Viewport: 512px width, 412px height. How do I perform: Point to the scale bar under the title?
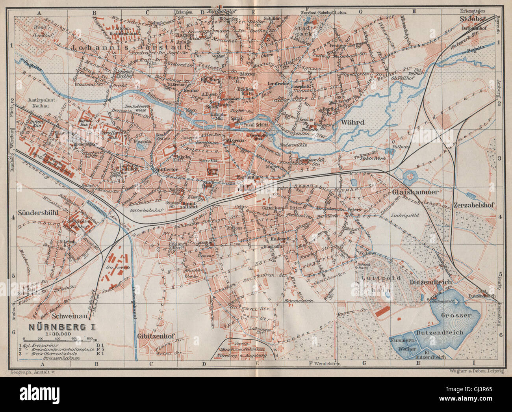coord(58,338)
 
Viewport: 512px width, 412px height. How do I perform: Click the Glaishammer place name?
coord(415,192)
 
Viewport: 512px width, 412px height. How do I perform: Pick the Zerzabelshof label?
coord(474,205)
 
